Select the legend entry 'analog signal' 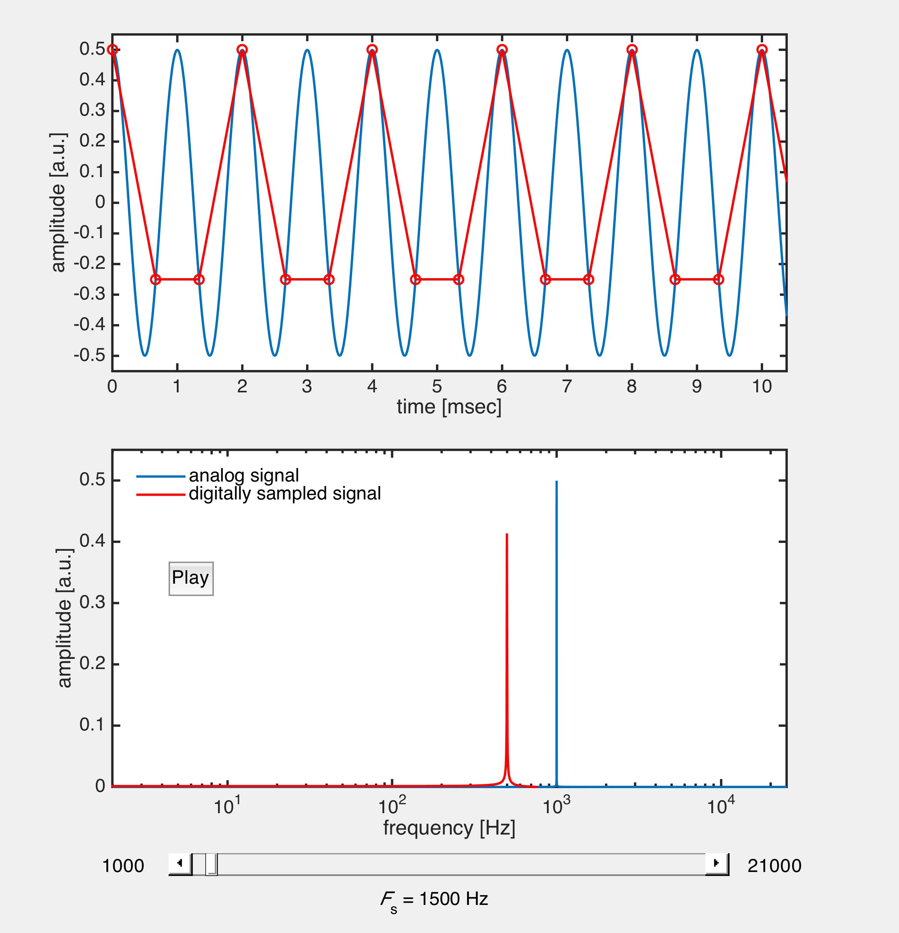244,475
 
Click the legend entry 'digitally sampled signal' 285,493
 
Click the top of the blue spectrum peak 557,482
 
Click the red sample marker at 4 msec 372,49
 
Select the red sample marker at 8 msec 632,49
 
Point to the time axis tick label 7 567,386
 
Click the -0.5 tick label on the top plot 89,356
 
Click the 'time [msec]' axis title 449,407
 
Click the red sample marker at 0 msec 112,49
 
